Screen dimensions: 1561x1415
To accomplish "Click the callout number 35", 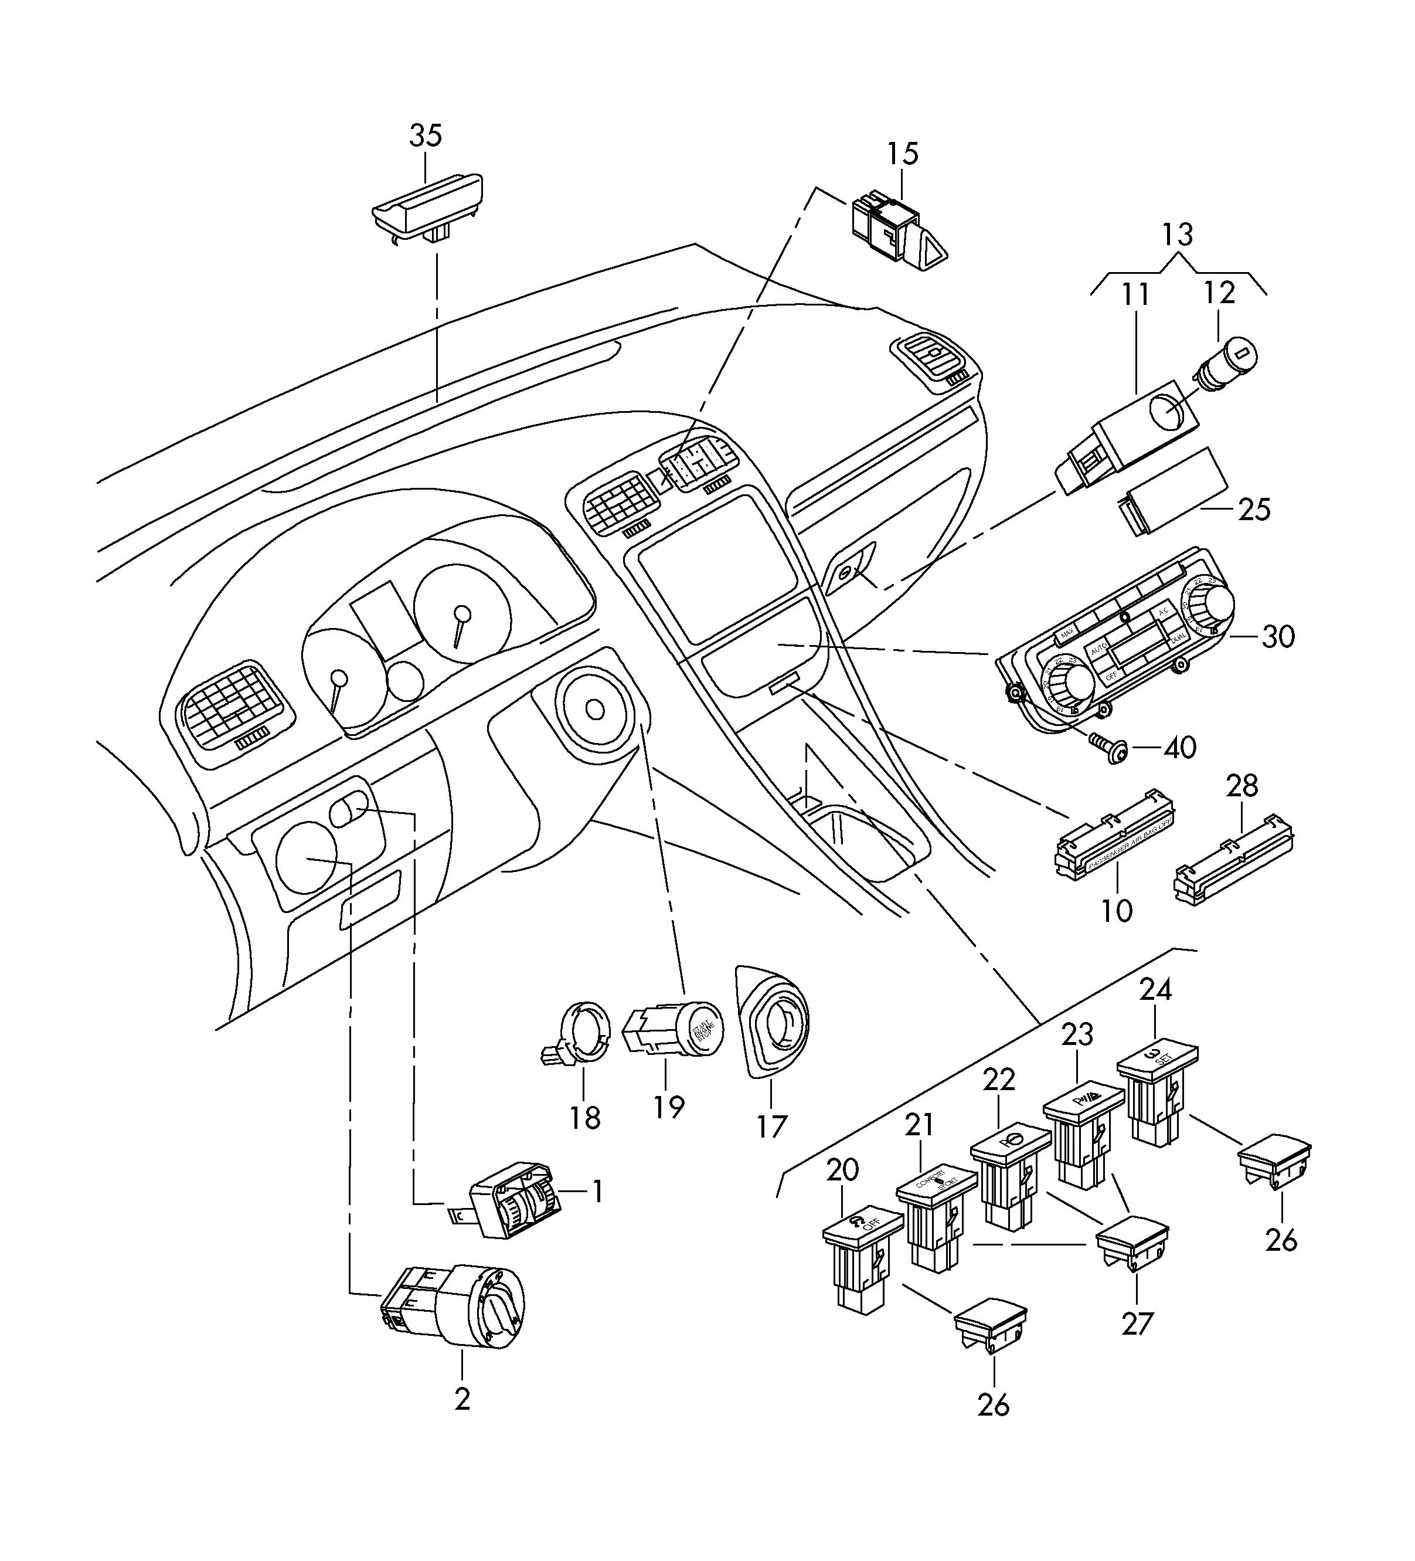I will (x=425, y=135).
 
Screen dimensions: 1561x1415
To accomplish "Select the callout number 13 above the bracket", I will (x=1178, y=234).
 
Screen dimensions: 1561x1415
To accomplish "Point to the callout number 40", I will (x=1180, y=747).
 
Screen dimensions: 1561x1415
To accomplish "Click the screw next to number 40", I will (x=1108, y=749).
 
